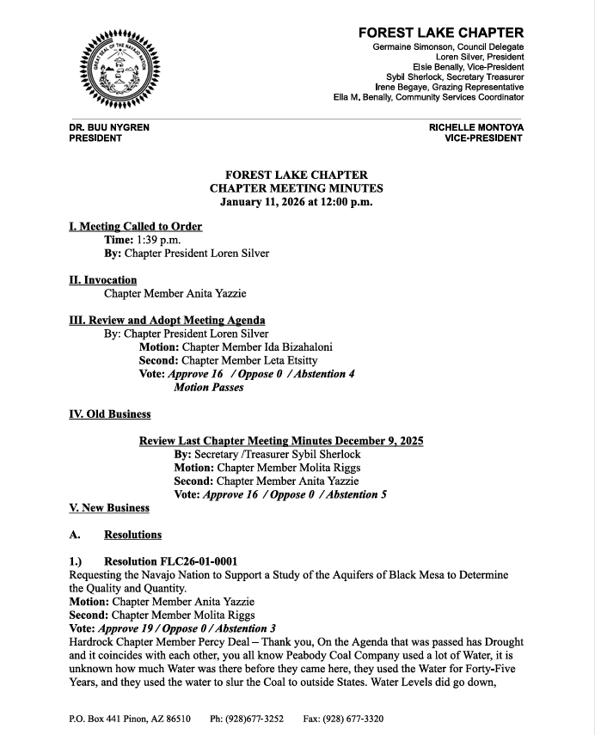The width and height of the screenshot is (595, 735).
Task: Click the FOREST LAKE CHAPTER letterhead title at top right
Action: [441, 33]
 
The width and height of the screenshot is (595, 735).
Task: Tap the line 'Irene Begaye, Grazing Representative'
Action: [450, 88]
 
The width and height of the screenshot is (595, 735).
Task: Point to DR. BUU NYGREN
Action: [109, 127]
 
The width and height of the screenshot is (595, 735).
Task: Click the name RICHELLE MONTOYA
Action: [476, 127]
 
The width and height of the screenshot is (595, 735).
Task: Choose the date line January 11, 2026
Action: [296, 202]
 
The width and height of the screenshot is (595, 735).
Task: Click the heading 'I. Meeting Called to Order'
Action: [135, 227]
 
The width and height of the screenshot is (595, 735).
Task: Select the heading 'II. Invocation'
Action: [102, 280]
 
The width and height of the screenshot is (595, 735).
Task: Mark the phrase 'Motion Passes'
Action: [208, 388]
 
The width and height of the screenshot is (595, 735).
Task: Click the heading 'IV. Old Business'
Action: [109, 414]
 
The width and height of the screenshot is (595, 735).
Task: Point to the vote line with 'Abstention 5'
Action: [280, 494]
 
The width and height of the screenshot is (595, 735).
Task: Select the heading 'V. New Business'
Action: [108, 508]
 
